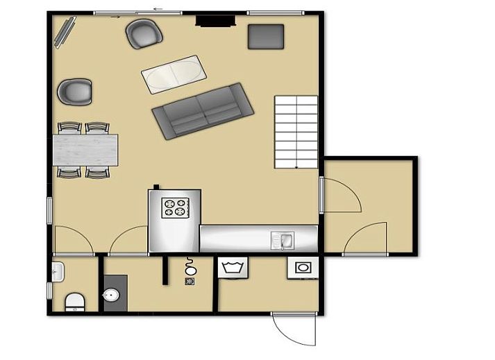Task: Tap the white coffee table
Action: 174,72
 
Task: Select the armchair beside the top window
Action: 143,33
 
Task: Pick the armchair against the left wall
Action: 74,92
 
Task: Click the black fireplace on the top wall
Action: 215,21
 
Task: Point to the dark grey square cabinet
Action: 266,36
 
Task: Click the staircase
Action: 296,132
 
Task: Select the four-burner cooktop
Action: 175,207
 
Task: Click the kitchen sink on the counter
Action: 283,240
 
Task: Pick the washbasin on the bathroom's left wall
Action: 58,271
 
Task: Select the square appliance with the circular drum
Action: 303,268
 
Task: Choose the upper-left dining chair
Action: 69,128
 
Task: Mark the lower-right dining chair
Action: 97,171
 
